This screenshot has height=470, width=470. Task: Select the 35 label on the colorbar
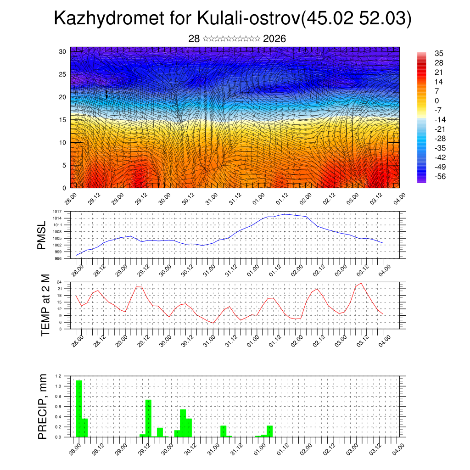click(439, 53)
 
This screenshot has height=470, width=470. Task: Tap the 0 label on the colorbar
click(436, 101)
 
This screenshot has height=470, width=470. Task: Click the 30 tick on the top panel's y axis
click(62, 51)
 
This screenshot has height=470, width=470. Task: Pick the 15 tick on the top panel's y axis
click(62, 120)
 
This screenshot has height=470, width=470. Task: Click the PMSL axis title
click(42, 235)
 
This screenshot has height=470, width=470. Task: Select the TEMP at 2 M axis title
click(45, 305)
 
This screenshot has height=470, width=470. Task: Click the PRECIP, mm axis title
click(43, 406)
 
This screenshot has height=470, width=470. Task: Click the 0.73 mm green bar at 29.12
click(148, 418)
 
